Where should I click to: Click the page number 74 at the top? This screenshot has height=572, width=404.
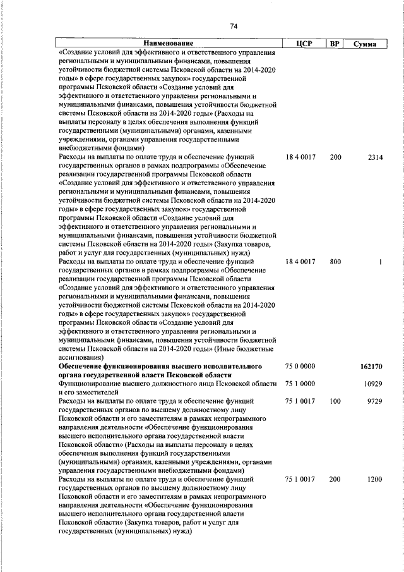[x=234, y=26]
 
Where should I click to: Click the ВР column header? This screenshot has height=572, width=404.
[x=335, y=44]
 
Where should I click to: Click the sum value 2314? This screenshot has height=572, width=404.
[x=375, y=157]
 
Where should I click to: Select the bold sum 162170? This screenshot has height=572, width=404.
[x=372, y=367]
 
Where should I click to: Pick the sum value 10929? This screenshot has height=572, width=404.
[x=374, y=384]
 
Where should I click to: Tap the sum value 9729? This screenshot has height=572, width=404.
[x=375, y=401]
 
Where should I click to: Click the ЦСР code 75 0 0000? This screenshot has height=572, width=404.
[x=300, y=367]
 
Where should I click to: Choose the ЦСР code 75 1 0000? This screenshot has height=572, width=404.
[x=300, y=384]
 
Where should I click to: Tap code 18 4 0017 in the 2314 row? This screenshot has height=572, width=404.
[x=300, y=157]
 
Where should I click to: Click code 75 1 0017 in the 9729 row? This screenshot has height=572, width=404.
[x=300, y=401]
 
